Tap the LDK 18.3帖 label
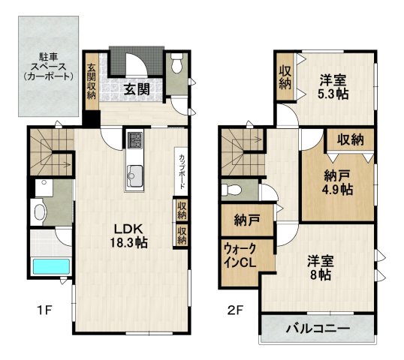(130, 234)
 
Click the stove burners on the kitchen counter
(135, 140)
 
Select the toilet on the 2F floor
(233, 188)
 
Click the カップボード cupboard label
(182, 169)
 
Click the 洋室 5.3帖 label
(333, 87)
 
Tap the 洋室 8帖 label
(319, 268)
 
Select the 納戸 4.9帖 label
(337, 183)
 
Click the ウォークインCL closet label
(240, 256)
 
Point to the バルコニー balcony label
(317, 329)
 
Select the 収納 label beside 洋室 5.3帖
(285, 76)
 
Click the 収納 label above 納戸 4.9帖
(350, 139)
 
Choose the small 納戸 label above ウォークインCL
(243, 220)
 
